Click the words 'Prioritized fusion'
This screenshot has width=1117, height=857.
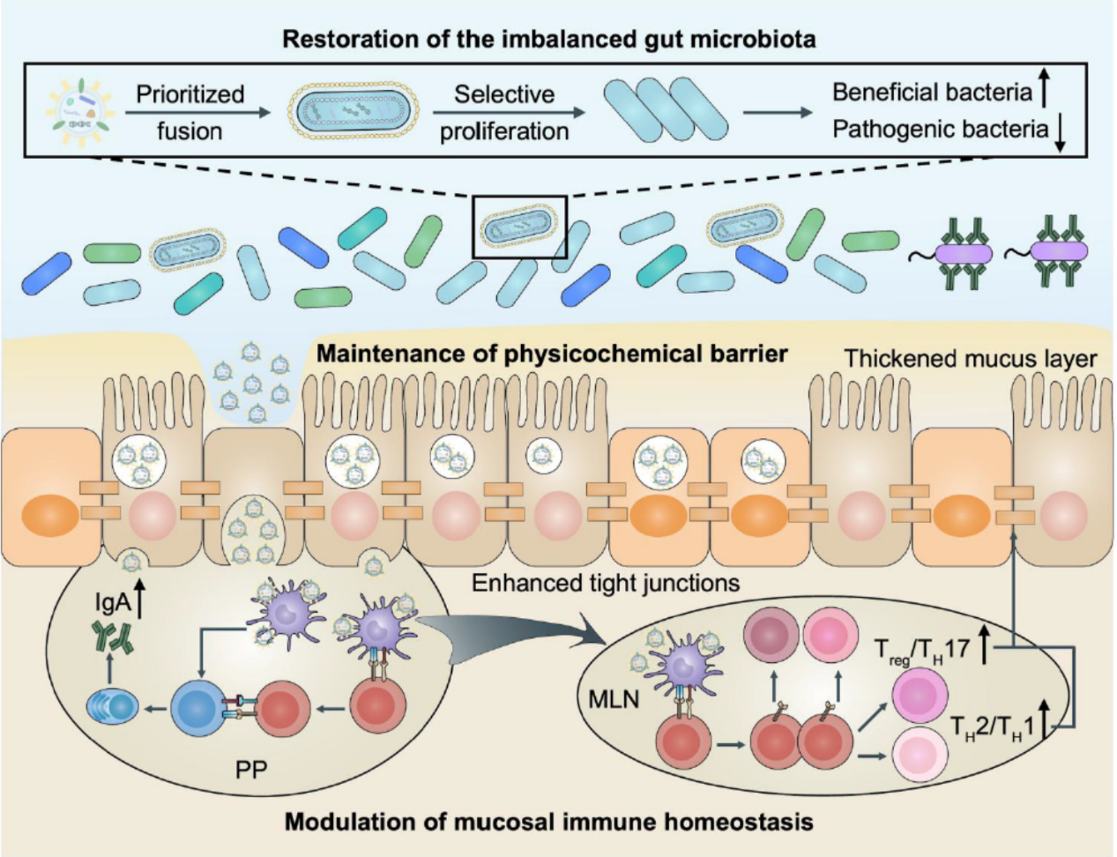(190, 113)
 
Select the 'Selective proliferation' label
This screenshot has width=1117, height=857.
(504, 113)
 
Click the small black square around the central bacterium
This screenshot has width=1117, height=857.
(520, 227)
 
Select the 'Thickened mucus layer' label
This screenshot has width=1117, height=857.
(970, 359)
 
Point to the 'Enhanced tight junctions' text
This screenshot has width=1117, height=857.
(605, 583)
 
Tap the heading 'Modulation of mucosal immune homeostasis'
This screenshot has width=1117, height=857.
(548, 823)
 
